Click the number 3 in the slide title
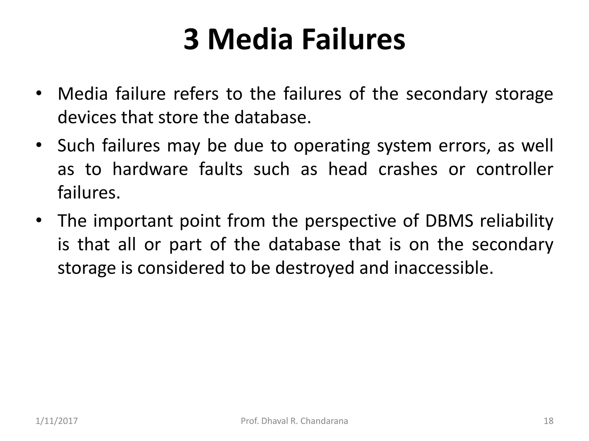pyautogui.click(x=191, y=39)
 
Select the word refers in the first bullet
pyautogui.click(x=196, y=94)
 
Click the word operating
pyautogui.click(x=332, y=146)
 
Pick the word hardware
pyautogui.click(x=150, y=169)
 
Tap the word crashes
pyautogui.click(x=408, y=169)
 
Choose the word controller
pyautogui.click(x=515, y=169)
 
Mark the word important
pyautogui.click(x=133, y=221)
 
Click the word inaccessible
pyautogui.click(x=443, y=268)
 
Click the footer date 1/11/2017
pyautogui.click(x=57, y=421)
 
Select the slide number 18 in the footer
pyautogui.click(x=548, y=421)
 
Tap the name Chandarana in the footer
pyautogui.click(x=324, y=421)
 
